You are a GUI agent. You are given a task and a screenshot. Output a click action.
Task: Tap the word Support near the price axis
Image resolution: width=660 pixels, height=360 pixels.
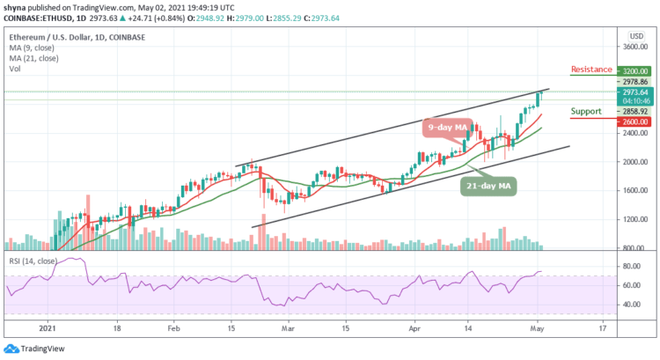tap(586, 111)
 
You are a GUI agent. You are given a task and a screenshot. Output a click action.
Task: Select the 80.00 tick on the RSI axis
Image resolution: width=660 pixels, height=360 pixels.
tap(631, 266)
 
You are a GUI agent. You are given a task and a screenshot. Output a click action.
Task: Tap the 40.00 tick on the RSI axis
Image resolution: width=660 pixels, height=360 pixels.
tap(631, 305)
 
